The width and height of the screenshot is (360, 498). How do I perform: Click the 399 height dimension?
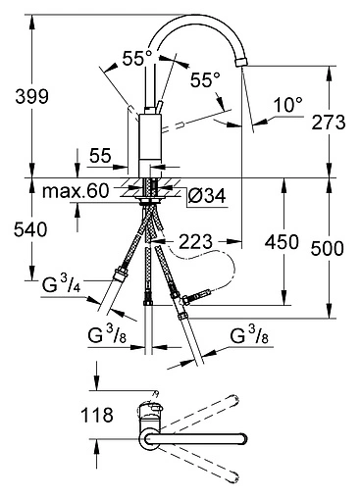click(32, 96)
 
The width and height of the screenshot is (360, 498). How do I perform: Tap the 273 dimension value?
click(329, 123)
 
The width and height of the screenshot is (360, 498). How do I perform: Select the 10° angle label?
click(288, 105)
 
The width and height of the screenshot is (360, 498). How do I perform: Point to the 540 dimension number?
click(30, 229)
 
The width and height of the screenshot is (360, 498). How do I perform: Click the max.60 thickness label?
click(76, 191)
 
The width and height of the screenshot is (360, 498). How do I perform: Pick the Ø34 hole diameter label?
click(207, 196)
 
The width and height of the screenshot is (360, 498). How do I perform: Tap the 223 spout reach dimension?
click(196, 242)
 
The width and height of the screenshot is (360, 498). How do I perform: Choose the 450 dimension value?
click(282, 242)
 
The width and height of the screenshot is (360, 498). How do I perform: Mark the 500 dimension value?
click(328, 248)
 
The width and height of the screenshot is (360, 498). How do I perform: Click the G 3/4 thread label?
click(62, 283)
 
